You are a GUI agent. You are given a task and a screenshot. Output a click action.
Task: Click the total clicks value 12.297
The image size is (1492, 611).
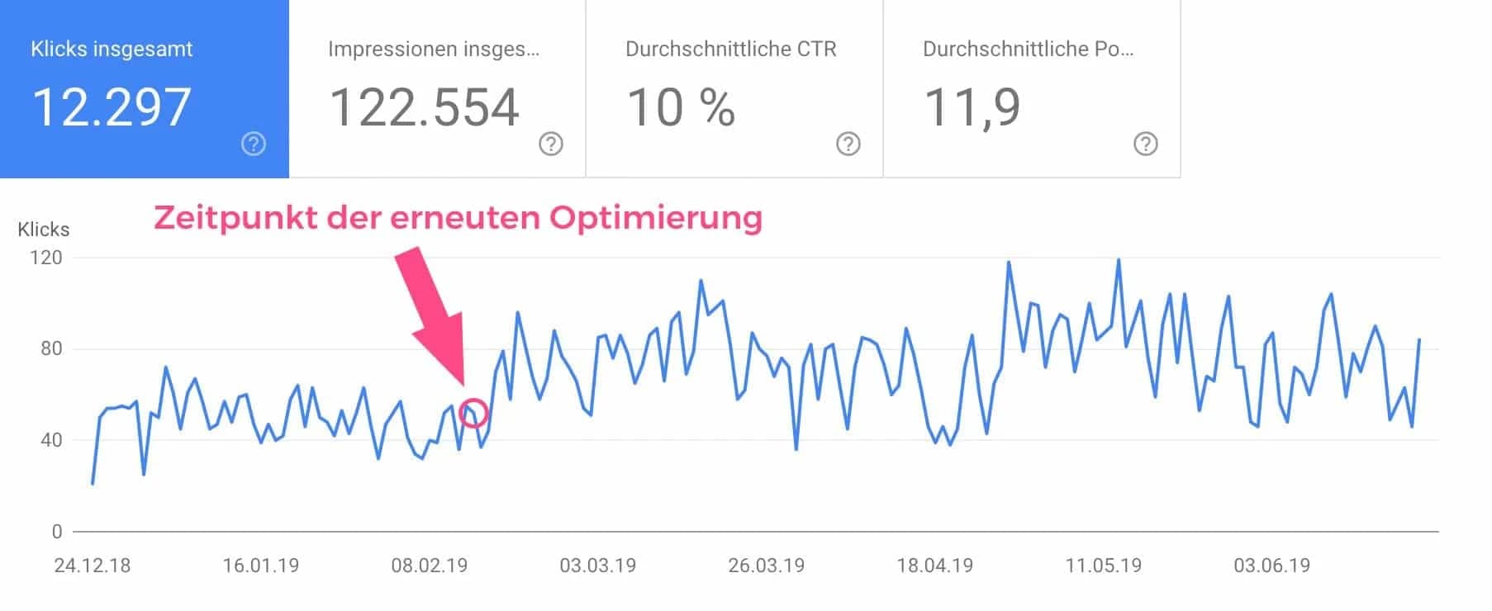112,107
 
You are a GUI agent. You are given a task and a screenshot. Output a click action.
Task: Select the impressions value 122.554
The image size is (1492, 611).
424,107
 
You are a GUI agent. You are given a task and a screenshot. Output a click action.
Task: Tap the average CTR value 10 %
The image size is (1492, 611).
681,107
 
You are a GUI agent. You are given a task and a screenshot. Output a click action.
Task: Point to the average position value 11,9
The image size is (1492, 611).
972,107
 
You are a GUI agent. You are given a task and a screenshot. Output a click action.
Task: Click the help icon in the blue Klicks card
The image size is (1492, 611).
254,144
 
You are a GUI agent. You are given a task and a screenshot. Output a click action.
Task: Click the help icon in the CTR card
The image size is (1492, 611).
848,144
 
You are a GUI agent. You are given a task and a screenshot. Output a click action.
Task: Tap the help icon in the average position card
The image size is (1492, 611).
1145,144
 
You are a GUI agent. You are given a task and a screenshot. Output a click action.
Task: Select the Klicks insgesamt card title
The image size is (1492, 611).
112,49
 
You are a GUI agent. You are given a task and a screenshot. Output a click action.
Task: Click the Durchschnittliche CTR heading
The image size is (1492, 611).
730,49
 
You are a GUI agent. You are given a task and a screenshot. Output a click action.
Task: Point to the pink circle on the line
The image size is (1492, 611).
473,413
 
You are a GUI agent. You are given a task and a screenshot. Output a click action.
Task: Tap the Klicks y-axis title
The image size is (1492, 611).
43,230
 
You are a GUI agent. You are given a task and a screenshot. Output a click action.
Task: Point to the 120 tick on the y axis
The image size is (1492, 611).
46,258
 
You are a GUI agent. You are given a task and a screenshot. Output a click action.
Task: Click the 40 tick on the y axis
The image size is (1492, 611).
50,440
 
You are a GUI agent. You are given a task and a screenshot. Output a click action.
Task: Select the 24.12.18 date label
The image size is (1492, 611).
92,566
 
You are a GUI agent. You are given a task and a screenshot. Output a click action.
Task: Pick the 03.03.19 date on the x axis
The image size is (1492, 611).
597,566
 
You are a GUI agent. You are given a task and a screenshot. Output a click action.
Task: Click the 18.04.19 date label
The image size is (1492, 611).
934,566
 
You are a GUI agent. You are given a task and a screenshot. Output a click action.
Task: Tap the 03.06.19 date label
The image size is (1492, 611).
1271,566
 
